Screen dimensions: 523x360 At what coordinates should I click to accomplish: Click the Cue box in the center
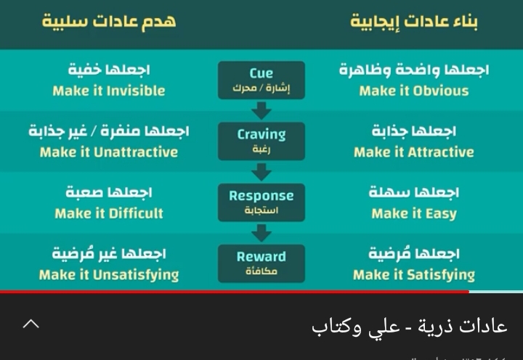pyautogui.click(x=261, y=80)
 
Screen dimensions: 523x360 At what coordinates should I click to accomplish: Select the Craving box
pyautogui.click(x=261, y=142)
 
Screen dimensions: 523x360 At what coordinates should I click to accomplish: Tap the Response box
pyautogui.click(x=261, y=202)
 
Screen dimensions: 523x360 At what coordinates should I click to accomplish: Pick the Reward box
pyautogui.click(x=261, y=263)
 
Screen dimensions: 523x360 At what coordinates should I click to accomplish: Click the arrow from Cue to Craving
pyautogui.click(x=261, y=110)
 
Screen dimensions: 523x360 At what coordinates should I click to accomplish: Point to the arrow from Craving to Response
pyautogui.click(x=261, y=172)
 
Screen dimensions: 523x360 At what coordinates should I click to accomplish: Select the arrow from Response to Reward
pyautogui.click(x=261, y=233)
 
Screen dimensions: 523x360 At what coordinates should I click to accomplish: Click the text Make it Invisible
pyautogui.click(x=109, y=91)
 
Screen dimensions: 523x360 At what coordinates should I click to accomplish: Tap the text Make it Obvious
pyautogui.click(x=414, y=91)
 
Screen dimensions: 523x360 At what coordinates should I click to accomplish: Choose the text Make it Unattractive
pyautogui.click(x=109, y=152)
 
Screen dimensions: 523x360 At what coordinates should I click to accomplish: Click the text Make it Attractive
pyautogui.click(x=414, y=152)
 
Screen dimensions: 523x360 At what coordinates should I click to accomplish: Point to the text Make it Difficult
pyautogui.click(x=109, y=213)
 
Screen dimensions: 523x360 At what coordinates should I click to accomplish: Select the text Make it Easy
pyautogui.click(x=414, y=213)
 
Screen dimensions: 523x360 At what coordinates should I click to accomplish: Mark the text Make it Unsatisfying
pyautogui.click(x=109, y=275)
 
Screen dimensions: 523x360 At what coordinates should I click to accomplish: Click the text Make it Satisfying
pyautogui.click(x=414, y=275)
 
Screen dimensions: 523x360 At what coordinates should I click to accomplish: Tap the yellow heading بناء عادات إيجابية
pyautogui.click(x=414, y=22)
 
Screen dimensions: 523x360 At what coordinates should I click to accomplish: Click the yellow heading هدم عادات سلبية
pyautogui.click(x=109, y=21)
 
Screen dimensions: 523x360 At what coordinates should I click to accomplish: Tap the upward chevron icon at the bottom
pyautogui.click(x=31, y=324)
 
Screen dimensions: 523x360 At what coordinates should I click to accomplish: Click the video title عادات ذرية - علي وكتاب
pyautogui.click(x=410, y=327)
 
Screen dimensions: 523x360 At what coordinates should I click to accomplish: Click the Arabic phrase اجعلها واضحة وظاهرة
pyautogui.click(x=414, y=70)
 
